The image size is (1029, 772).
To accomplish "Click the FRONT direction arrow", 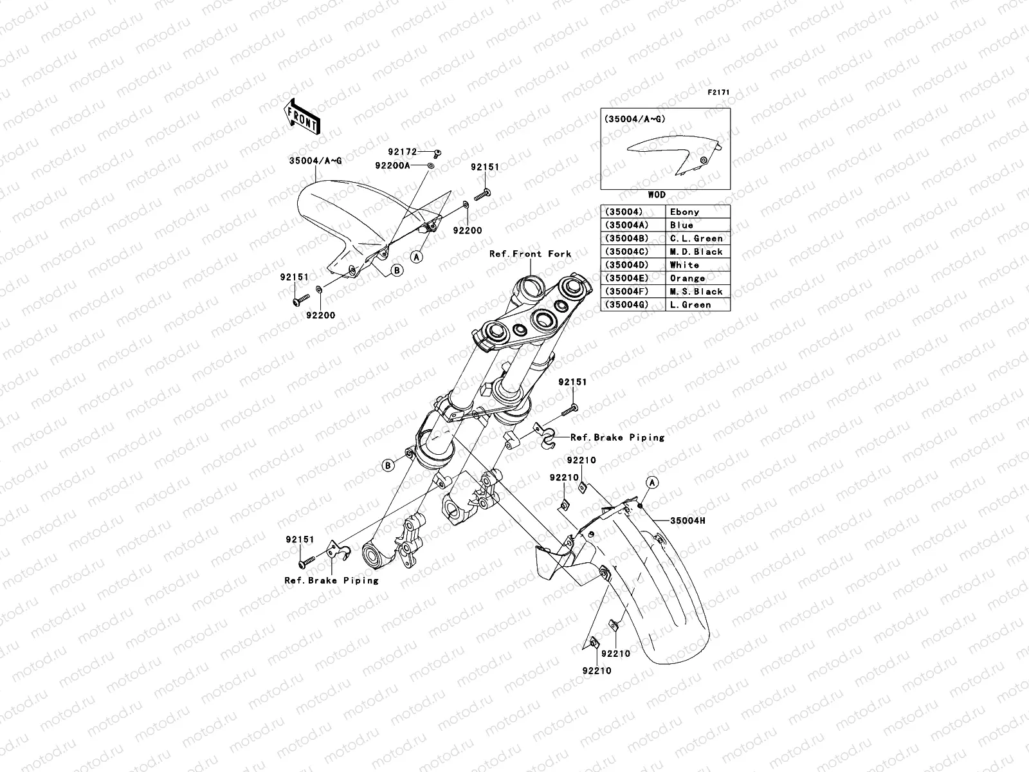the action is (x=302, y=116).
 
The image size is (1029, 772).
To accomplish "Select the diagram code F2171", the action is (x=718, y=93).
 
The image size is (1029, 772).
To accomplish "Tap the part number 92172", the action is (x=402, y=152).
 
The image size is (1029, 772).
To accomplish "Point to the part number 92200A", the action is (x=392, y=165).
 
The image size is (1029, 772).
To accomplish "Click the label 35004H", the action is (x=688, y=520).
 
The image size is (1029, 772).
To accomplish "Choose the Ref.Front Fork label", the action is (x=530, y=253).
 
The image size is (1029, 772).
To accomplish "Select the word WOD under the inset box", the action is (x=657, y=194).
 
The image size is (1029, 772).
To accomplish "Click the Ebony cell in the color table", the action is (x=698, y=212).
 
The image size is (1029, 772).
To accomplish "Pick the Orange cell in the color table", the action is (x=698, y=278).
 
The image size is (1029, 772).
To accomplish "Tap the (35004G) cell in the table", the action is (x=633, y=305).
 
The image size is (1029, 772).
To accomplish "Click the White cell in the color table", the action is (x=698, y=265).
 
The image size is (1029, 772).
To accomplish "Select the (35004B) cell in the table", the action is (x=633, y=238).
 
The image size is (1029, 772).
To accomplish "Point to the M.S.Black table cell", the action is (x=698, y=291).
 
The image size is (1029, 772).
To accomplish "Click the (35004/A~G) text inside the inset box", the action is (x=635, y=119).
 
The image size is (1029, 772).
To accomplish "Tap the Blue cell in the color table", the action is (x=698, y=225).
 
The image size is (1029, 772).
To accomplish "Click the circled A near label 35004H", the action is (x=652, y=482).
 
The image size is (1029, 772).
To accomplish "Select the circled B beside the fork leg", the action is (x=388, y=465).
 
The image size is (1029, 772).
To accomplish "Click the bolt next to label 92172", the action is (x=437, y=153).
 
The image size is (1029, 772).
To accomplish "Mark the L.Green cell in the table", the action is (x=698, y=305).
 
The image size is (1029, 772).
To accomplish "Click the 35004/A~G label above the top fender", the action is (x=316, y=161).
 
